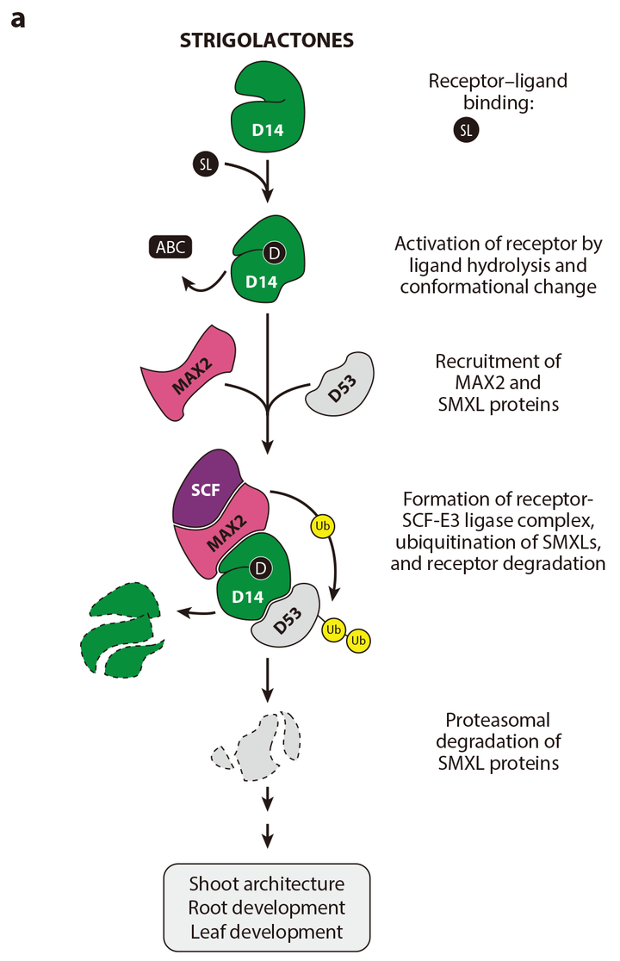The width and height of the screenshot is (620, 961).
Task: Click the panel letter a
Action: pyautogui.click(x=17, y=18)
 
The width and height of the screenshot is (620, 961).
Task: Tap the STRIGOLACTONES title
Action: pyautogui.click(x=266, y=40)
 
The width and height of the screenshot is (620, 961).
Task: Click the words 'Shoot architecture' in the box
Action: pyautogui.click(x=266, y=883)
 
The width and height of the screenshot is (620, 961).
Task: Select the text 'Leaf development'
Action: pyautogui.click(x=266, y=931)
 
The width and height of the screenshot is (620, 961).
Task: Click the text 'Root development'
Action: pyautogui.click(x=266, y=908)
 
